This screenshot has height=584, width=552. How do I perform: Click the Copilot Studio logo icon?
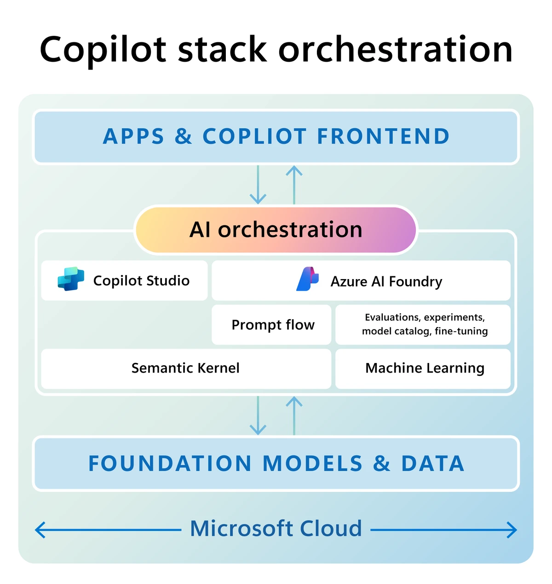point(71,279)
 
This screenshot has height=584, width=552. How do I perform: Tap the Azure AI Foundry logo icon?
point(308,279)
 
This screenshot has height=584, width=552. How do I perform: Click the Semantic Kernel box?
point(185,368)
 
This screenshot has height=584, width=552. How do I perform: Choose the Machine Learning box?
point(424,368)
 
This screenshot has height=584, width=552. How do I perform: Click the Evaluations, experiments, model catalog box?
point(424,324)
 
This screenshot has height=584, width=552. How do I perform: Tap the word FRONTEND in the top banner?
point(383,136)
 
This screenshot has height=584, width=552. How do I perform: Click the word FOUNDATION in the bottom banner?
point(170,463)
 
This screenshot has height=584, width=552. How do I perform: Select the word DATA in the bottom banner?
point(432,463)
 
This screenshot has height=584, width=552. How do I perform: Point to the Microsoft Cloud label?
point(276,529)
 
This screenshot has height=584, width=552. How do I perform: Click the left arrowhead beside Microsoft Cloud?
point(40,530)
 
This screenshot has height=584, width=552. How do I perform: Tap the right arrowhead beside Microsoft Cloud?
point(512,530)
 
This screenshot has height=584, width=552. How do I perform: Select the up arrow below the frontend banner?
point(294,184)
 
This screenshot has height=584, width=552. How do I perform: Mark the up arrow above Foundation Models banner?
point(294,415)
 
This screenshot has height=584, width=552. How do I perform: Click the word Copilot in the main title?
point(103,50)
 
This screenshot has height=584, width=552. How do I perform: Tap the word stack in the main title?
point(222,50)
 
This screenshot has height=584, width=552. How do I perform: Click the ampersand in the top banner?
point(183,136)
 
